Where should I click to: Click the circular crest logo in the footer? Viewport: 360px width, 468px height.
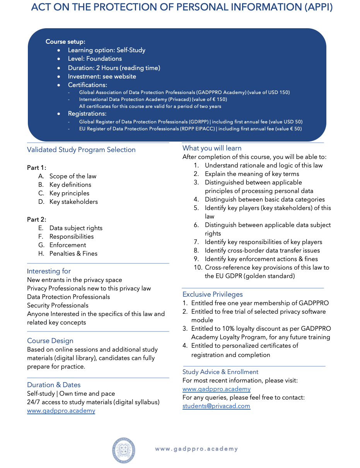pyautogui.click(x=124, y=450)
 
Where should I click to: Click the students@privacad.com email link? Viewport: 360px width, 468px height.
pyautogui.click(x=216, y=406)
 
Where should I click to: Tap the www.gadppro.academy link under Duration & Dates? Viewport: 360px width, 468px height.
pyautogui.click(x=61, y=411)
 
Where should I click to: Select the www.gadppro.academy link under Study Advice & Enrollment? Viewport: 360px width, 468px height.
pyautogui.click(x=216, y=389)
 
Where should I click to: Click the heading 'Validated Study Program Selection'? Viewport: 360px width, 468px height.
pyautogui.click(x=81, y=150)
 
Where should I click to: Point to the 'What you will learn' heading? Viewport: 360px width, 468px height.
pyautogui.click(x=212, y=148)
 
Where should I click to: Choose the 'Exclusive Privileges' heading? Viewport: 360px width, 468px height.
pyautogui.click(x=213, y=294)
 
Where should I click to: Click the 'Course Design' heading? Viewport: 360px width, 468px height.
pyautogui.click(x=50, y=341)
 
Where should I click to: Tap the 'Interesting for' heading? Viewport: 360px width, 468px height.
pyautogui.click(x=49, y=271)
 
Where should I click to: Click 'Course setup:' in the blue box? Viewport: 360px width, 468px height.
pyautogui.click(x=65, y=42)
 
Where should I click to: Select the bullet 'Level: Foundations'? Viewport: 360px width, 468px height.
pyautogui.click(x=95, y=59)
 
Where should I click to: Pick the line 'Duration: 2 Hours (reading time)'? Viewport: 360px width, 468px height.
pyautogui.click(x=114, y=68)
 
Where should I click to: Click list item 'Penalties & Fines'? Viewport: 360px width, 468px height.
pyautogui.click(x=73, y=254)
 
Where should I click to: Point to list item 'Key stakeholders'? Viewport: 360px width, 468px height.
pyautogui.click(x=73, y=202)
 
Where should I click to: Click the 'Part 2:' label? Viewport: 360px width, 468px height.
pyautogui.click(x=37, y=219)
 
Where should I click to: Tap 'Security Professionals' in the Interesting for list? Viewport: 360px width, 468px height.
pyautogui.click(x=58, y=306)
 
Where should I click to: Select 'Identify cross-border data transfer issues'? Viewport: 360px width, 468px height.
pyautogui.click(x=262, y=251)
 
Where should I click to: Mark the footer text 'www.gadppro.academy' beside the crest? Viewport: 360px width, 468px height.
pyautogui.click(x=196, y=449)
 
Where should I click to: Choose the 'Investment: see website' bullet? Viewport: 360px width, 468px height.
pyautogui.click(x=102, y=77)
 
